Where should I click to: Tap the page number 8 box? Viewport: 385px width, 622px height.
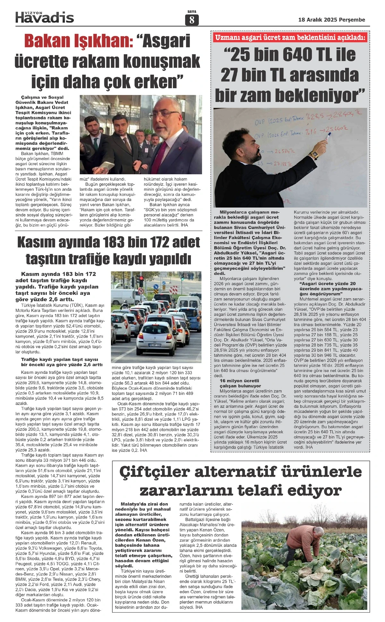pyautogui.click(x=192, y=20)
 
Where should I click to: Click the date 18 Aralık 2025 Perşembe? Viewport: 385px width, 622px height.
pyautogui.click(x=331, y=20)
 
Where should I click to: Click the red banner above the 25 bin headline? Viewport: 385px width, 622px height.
pyautogui.click(x=291, y=38)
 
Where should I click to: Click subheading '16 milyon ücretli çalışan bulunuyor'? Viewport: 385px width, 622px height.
pyautogui.click(x=240, y=383)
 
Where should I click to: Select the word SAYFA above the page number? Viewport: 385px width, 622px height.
pyautogui.click(x=192, y=12)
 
